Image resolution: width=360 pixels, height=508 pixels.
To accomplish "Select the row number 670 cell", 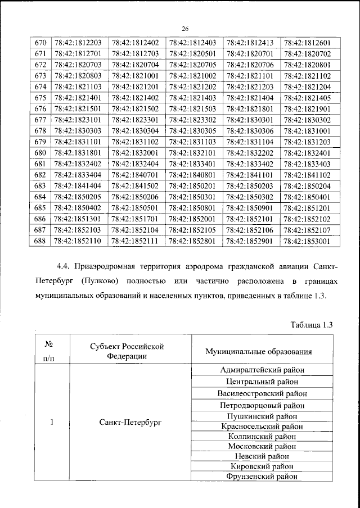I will point(40,43).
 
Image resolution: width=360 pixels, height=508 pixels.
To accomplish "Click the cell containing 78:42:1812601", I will point(307,43).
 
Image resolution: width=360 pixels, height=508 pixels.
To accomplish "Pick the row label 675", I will point(40,98).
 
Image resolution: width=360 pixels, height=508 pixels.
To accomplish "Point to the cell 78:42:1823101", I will point(78,120).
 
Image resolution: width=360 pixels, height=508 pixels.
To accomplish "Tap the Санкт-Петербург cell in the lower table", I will point(129,423).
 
